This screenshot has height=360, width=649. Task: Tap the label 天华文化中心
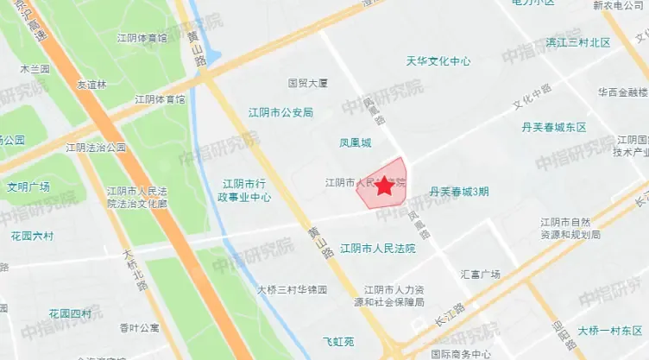438,61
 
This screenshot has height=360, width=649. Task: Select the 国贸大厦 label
308,84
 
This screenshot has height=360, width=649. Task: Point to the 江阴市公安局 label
280,112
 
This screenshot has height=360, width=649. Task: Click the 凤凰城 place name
355,142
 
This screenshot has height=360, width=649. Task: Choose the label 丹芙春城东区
554,127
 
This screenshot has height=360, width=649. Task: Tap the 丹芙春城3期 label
459,191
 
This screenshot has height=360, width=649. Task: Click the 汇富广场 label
481,275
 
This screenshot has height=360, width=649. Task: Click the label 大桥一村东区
611,331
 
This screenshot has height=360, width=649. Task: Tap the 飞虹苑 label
338,342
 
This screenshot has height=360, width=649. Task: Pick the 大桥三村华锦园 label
293,290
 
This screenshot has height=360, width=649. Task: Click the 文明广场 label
28,186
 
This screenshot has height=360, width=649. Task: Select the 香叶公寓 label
140,328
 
